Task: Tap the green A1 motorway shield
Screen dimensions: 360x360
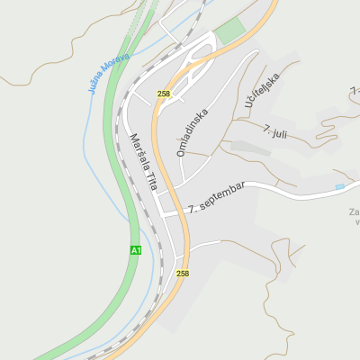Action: click(136, 249)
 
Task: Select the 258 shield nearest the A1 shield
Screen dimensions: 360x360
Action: click(183, 273)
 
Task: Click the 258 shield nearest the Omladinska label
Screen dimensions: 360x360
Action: click(163, 94)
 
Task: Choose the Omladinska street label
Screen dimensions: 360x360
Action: click(193, 133)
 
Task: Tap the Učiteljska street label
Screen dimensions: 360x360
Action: click(263, 91)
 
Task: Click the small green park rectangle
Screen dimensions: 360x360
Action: click(230, 31)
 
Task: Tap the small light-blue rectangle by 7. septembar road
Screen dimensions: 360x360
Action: click(339, 186)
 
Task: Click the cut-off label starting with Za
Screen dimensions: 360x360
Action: click(354, 213)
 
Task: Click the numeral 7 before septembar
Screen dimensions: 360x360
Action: click(191, 209)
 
